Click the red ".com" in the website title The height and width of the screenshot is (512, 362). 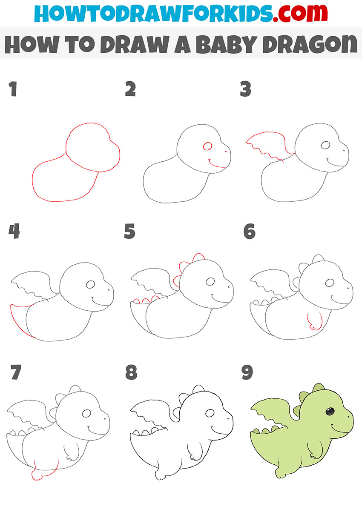[300, 13]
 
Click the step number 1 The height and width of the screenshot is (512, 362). [13, 89]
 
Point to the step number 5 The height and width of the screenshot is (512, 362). [129, 231]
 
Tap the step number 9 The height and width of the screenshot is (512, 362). [247, 372]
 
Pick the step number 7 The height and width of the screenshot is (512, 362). [16, 372]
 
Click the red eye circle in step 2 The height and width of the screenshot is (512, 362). [207, 146]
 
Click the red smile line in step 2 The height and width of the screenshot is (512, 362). [217, 164]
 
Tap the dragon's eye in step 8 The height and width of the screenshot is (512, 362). [210, 413]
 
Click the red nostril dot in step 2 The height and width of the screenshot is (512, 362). [226, 152]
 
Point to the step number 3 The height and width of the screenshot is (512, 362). [245, 89]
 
